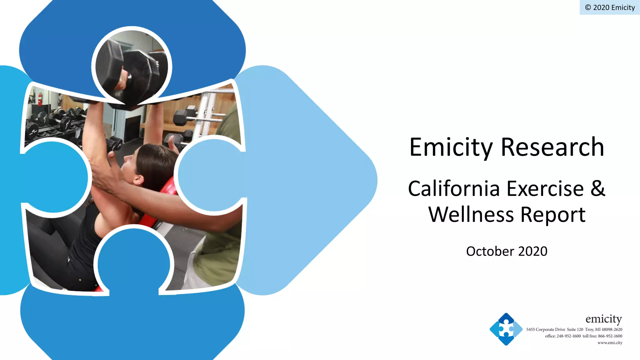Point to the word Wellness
pos(471,215)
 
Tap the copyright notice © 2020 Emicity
pos(610,7)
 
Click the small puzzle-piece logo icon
pos(506,329)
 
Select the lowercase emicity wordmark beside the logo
pos(603,319)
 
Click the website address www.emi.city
pos(610,343)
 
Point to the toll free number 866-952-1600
pos(610,336)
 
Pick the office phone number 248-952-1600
pos(568,336)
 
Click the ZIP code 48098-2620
pos(612,329)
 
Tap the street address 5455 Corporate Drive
pos(546,329)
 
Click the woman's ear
pos(138,180)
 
